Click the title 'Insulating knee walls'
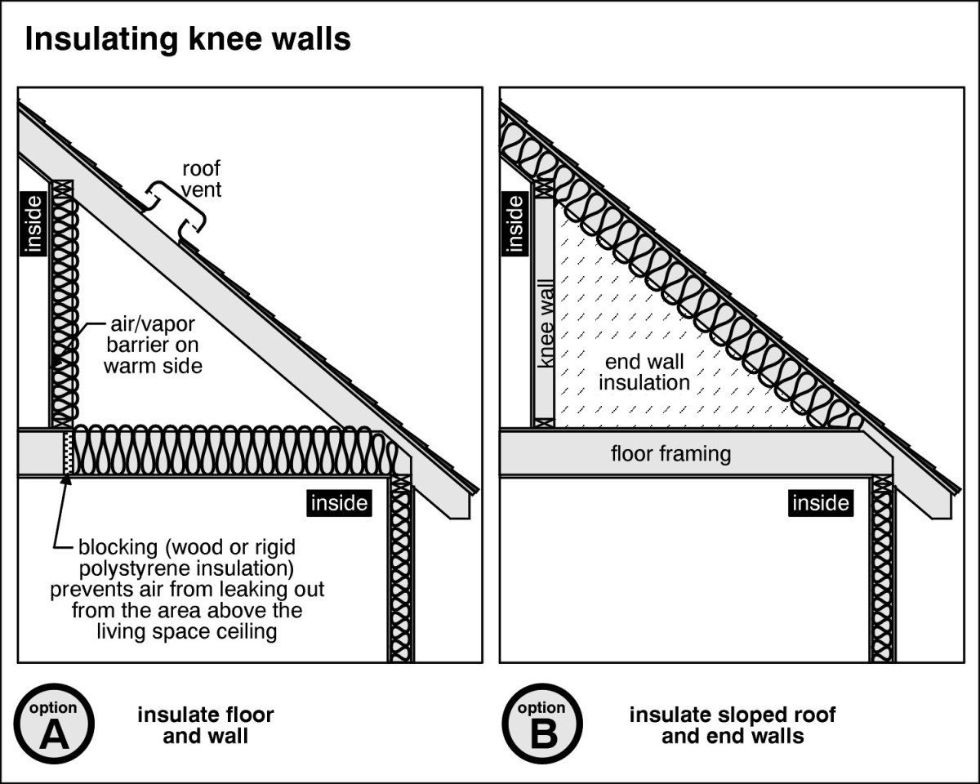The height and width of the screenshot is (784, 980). tap(188, 38)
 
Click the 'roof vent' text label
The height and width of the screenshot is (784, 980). tap(201, 180)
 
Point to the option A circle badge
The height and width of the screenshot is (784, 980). tap(55, 723)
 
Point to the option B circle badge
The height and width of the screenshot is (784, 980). tap(541, 723)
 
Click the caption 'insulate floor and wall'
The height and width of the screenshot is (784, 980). tap(205, 725)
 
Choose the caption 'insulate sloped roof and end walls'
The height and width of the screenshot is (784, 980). tap(732, 725)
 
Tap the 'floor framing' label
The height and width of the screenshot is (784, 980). tap(670, 453)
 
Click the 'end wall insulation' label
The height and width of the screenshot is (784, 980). tap(644, 372)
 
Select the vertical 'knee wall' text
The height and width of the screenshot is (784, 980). tap(545, 323)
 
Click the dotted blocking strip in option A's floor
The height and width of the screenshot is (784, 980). tap(68, 452)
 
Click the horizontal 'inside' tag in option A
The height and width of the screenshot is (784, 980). tap(339, 503)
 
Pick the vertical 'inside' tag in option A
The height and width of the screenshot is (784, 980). tap(33, 222)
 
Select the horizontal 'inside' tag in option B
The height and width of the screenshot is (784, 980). tap(820, 503)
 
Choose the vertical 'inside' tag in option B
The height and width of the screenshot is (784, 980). tap(514, 222)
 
